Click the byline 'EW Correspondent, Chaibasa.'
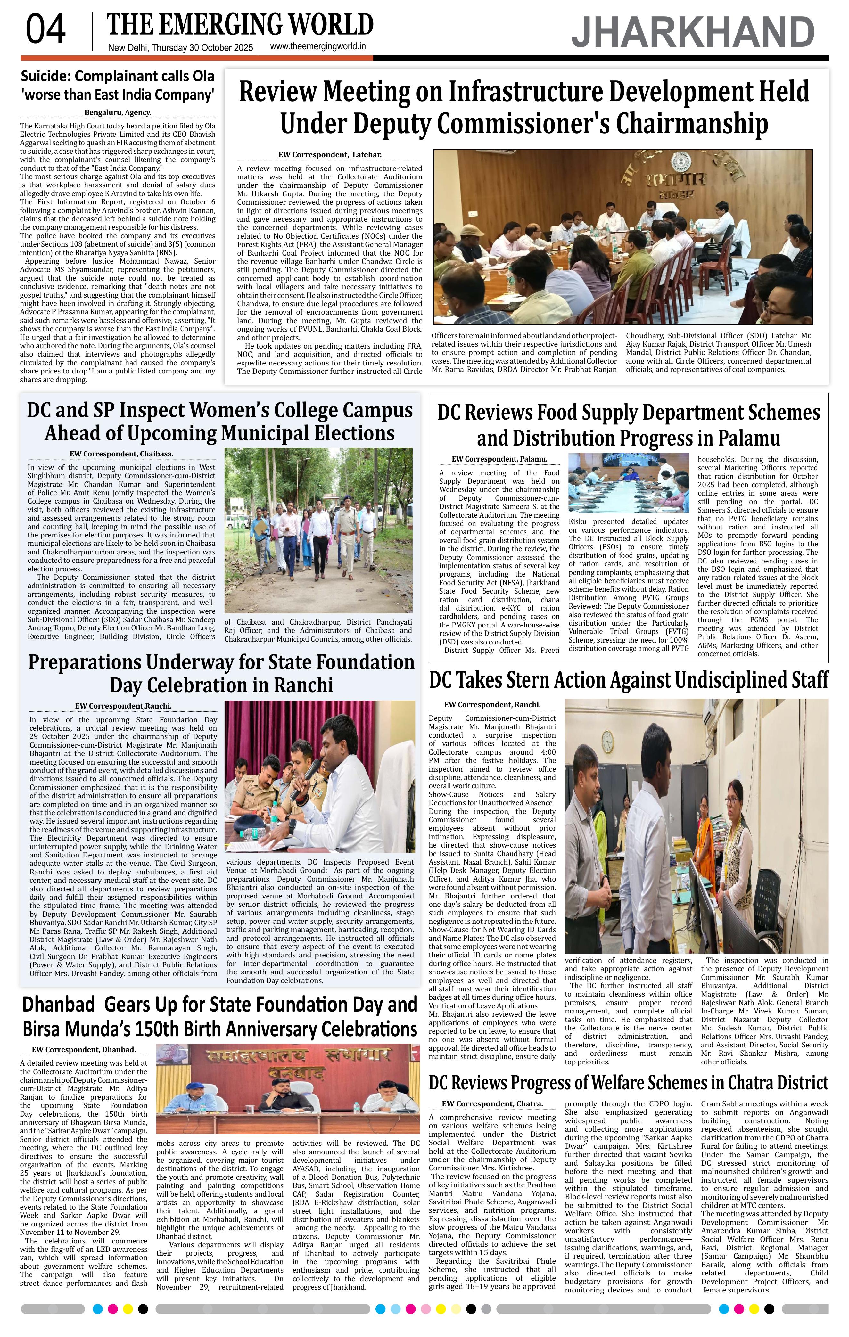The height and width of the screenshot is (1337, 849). click(122, 454)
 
